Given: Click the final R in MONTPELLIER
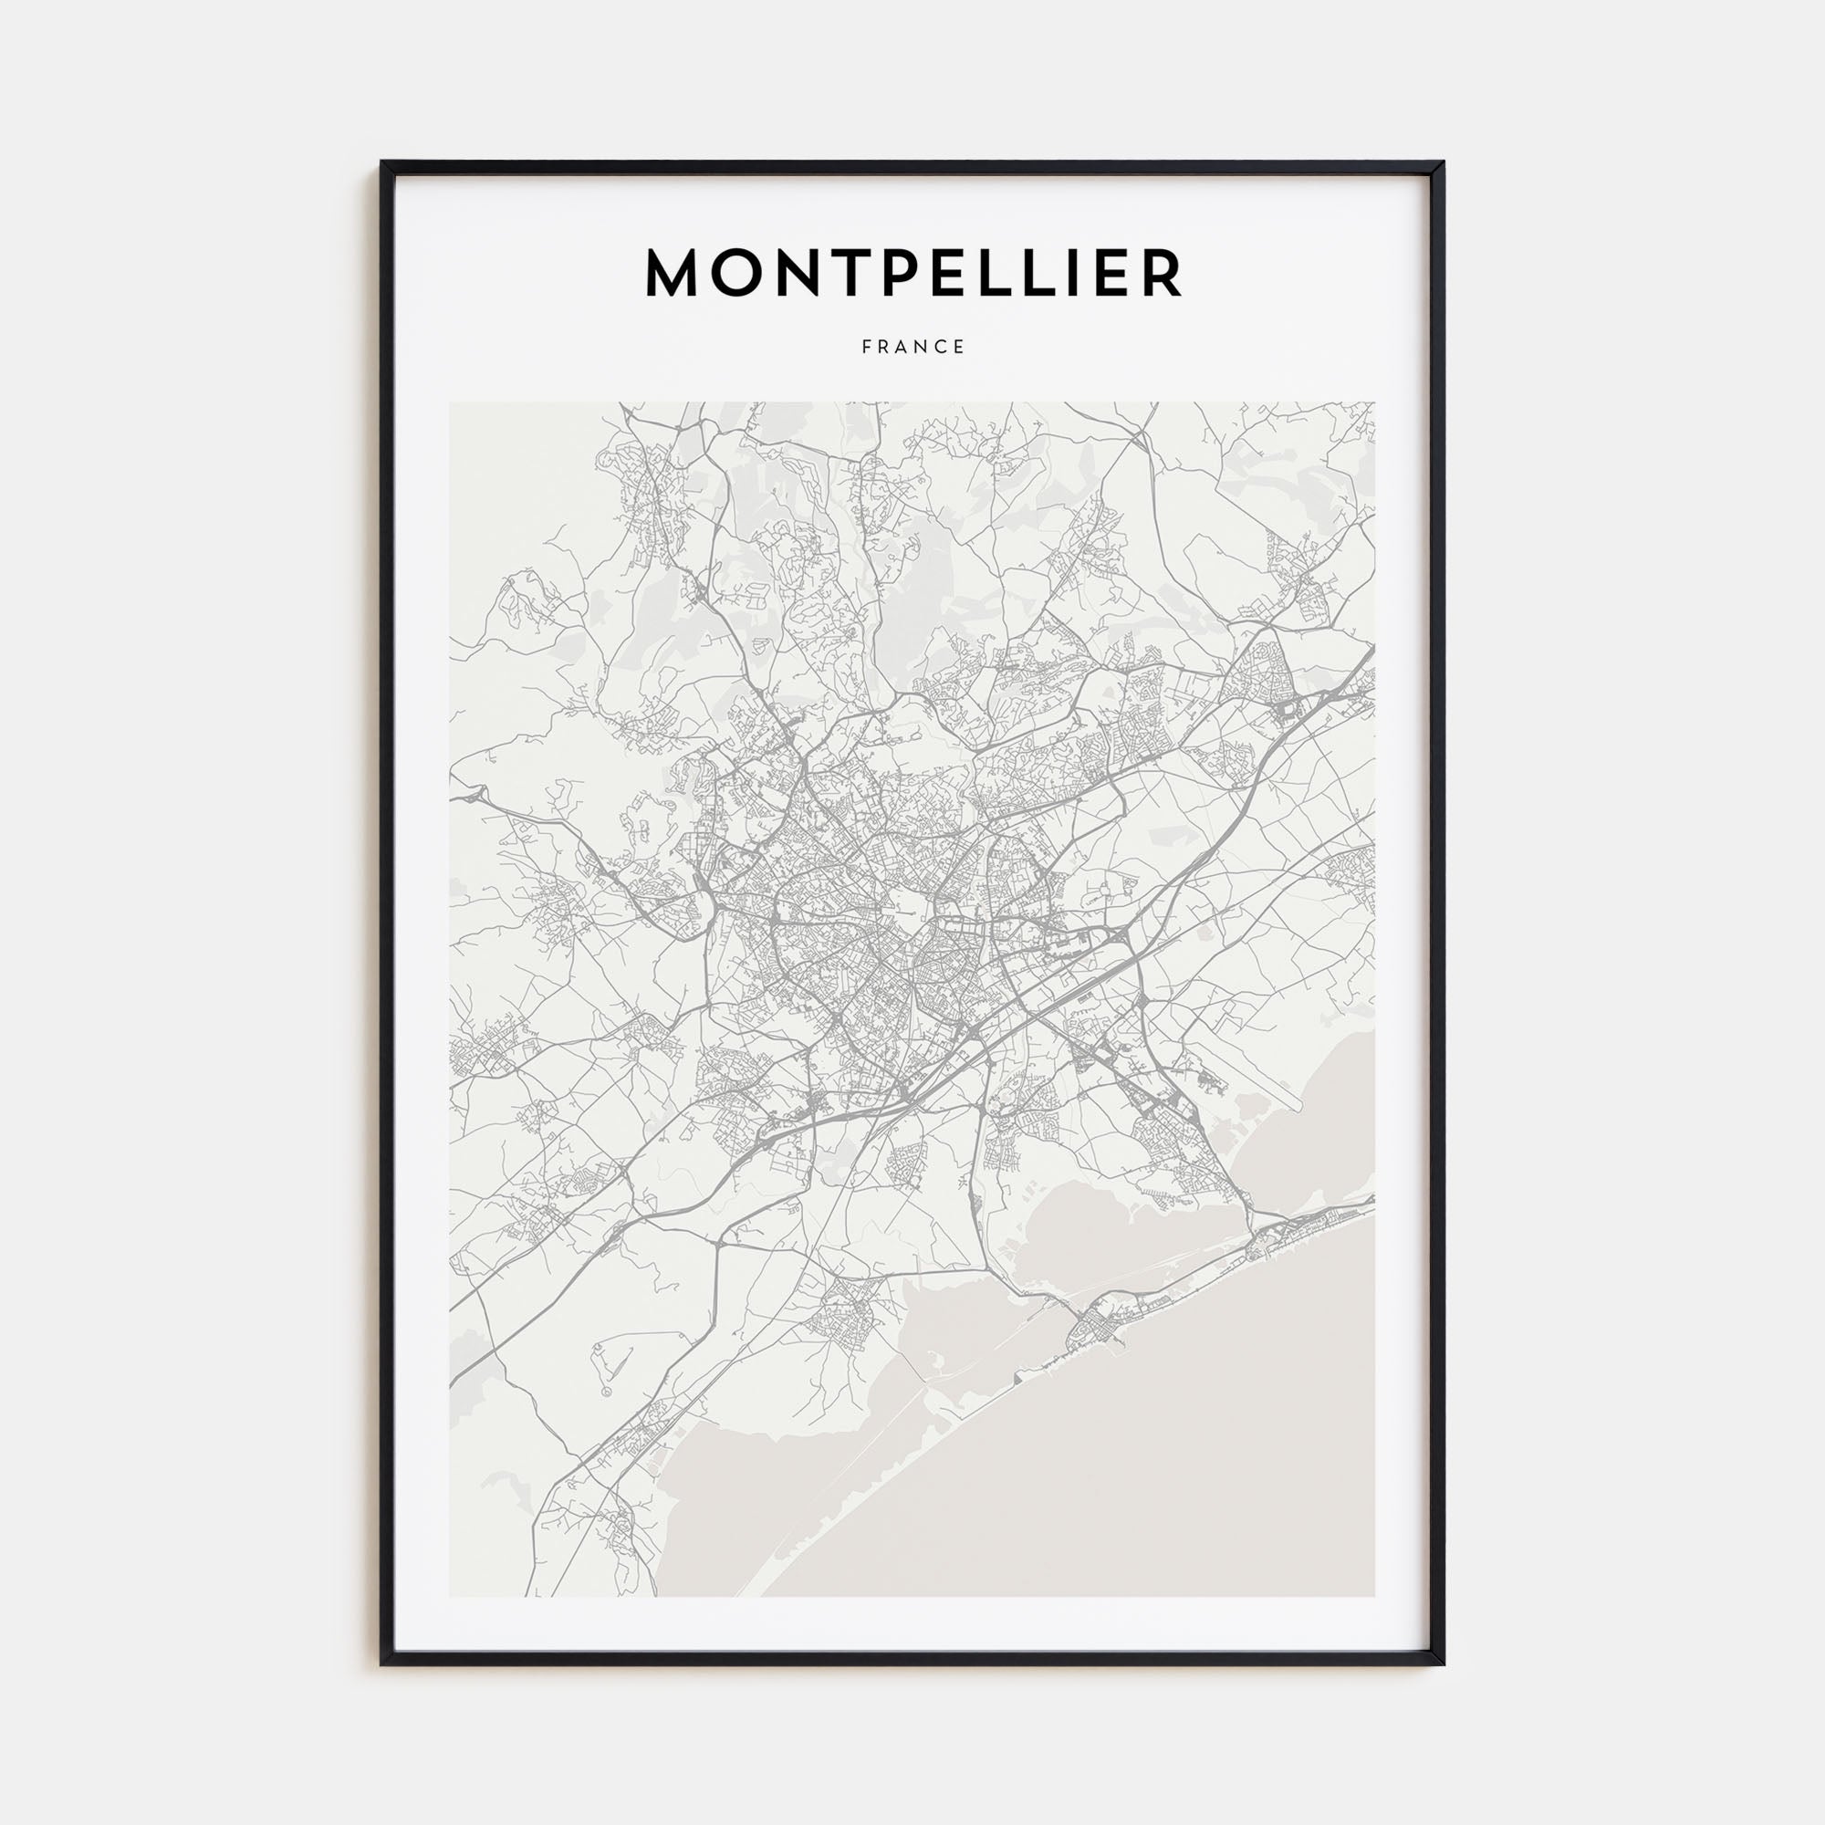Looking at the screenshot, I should click(1162, 273).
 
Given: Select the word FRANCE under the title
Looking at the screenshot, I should click(912, 348).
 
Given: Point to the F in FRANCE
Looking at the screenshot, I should click(866, 348).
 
